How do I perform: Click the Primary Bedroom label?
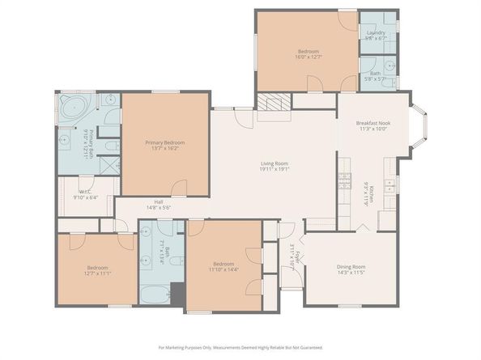point(164,142)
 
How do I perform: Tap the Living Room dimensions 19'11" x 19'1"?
point(274,169)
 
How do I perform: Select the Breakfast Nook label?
point(372,123)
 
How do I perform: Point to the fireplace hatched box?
point(272,102)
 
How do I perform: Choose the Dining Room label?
point(351,266)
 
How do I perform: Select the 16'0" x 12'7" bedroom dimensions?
point(308,57)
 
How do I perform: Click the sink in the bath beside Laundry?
point(389,67)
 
